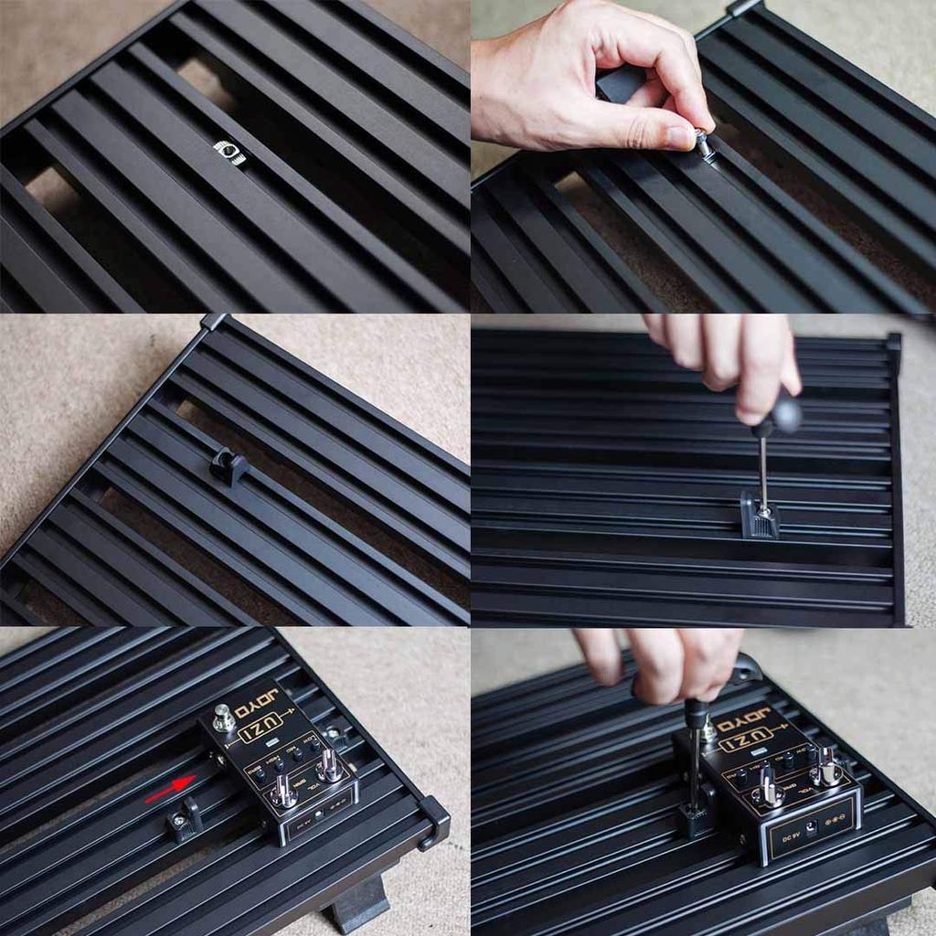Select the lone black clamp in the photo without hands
[229, 466]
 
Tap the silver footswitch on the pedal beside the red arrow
[223, 718]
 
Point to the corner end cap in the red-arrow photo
[433, 819]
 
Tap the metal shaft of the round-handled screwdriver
[763, 471]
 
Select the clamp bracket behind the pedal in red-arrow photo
[335, 731]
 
